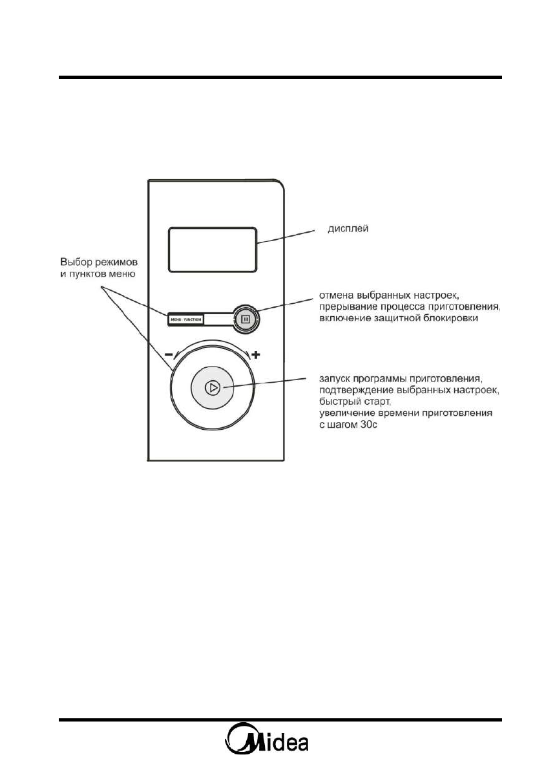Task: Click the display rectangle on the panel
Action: click(x=212, y=249)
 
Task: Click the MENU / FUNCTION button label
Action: click(x=185, y=319)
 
